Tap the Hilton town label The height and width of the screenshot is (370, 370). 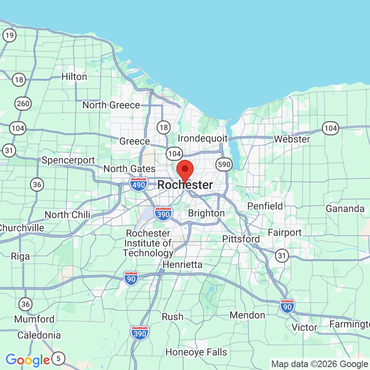coord(74,77)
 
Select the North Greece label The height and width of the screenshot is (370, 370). coord(111,105)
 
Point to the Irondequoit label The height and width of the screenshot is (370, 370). coord(203,138)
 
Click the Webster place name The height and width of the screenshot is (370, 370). coord(292,139)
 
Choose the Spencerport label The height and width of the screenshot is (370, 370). coord(68,160)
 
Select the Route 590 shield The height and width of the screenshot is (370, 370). coord(225,164)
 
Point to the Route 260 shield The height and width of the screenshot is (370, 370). coord(23,104)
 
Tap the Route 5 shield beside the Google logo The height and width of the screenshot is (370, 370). coord(58,359)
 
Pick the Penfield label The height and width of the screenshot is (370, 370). coord(265,206)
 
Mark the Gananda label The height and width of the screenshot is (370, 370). coord(345,209)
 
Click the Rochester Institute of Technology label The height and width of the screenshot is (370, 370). coord(148,243)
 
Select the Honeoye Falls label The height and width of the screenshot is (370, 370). coord(196,352)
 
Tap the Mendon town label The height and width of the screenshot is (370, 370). coord(247,315)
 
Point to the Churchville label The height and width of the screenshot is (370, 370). coord(22,228)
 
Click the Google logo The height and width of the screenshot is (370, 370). coord(28,360)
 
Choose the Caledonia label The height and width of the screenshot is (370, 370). coord(39,335)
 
